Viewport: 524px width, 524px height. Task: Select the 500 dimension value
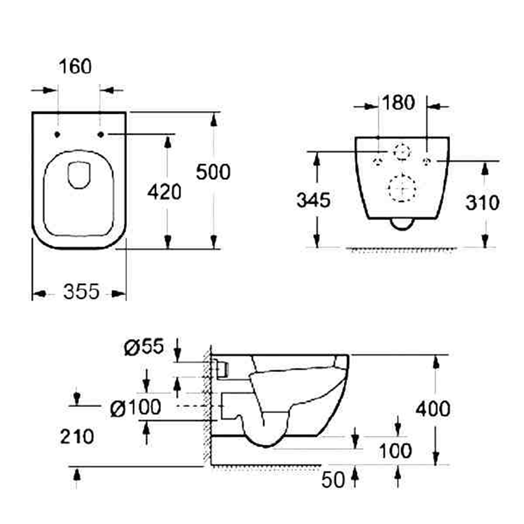[213, 171]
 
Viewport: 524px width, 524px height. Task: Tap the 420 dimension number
[164, 192]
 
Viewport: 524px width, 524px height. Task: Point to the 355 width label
[81, 292]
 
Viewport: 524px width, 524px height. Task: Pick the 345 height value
[313, 200]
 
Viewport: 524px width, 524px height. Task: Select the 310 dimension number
[483, 202]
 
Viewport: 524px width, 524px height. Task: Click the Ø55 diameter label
[144, 346]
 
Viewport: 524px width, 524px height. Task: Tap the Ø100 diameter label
[136, 408]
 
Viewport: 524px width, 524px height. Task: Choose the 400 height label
[433, 408]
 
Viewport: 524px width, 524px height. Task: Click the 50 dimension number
[334, 480]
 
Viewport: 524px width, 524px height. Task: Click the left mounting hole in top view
[57, 135]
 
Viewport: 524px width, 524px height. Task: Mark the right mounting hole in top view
[101, 135]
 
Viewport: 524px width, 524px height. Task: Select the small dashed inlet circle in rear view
[402, 151]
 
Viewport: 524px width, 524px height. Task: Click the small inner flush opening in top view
[80, 174]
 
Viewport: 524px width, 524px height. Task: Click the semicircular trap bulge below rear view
[402, 224]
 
